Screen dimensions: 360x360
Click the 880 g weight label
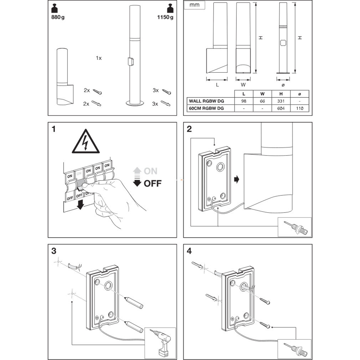click(58, 17)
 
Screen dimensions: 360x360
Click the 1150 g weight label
click(165, 17)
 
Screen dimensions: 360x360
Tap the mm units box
click(195, 5)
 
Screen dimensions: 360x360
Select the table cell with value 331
click(281, 101)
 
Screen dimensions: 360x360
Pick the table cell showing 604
click(281, 108)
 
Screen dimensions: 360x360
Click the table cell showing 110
click(300, 108)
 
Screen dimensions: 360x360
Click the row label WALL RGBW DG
click(206, 101)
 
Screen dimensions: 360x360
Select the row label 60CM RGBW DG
click(206, 108)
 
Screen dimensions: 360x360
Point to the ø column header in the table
click(300, 94)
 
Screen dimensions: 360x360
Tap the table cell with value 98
click(244, 101)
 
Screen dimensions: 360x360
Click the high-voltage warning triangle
click(86, 142)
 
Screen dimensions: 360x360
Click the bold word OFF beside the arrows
click(153, 184)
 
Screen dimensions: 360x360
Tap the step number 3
click(54, 251)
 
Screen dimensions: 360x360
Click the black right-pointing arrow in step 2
click(236, 179)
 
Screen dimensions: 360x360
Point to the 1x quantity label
click(99, 58)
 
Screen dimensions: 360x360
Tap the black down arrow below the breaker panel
click(80, 204)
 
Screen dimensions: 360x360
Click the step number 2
click(189, 129)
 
